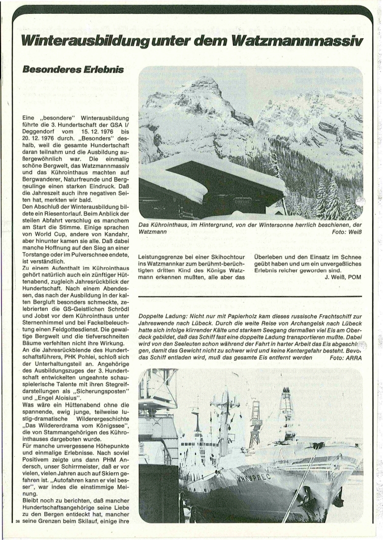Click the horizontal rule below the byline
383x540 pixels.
(x=250, y=297)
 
